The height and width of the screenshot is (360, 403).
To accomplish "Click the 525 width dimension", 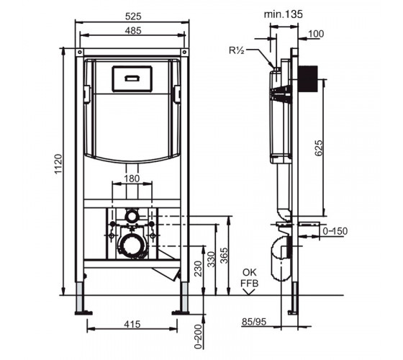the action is (x=133, y=17).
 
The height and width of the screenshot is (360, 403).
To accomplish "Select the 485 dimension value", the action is (x=133, y=31).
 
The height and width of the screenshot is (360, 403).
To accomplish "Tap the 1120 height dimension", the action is (x=58, y=164).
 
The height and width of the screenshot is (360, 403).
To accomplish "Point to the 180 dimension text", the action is (x=132, y=179).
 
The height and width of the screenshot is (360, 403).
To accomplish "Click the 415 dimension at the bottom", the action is (x=132, y=324).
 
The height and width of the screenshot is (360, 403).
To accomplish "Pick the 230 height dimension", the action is (x=198, y=269).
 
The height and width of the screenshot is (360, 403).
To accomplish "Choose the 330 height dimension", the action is (x=212, y=259).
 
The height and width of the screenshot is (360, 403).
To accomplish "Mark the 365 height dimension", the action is (x=224, y=256).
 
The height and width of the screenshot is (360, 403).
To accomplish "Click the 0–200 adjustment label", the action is (x=198, y=337).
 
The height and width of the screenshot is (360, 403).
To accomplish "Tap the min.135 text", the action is (x=284, y=14).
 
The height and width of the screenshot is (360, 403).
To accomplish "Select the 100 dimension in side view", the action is (x=316, y=34).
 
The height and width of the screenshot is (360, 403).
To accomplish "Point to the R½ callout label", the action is (x=237, y=50).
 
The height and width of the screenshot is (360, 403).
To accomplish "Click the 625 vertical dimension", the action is (x=319, y=148).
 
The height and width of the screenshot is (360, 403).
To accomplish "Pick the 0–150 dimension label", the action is (x=335, y=231).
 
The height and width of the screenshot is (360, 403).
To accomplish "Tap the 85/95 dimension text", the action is (x=254, y=322).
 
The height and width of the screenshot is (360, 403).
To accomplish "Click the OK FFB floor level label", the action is (x=249, y=278).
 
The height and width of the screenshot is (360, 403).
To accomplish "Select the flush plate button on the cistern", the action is (x=132, y=78).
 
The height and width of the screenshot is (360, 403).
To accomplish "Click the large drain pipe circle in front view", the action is (x=133, y=246).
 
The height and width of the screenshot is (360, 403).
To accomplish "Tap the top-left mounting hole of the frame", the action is (x=80, y=52).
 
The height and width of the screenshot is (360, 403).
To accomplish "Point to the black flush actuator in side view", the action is (x=309, y=78).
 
